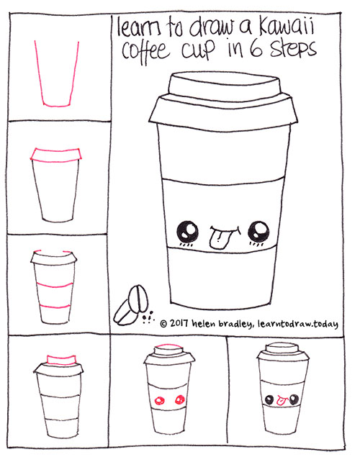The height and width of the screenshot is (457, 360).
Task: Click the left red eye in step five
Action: pyautogui.click(x=160, y=400)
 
